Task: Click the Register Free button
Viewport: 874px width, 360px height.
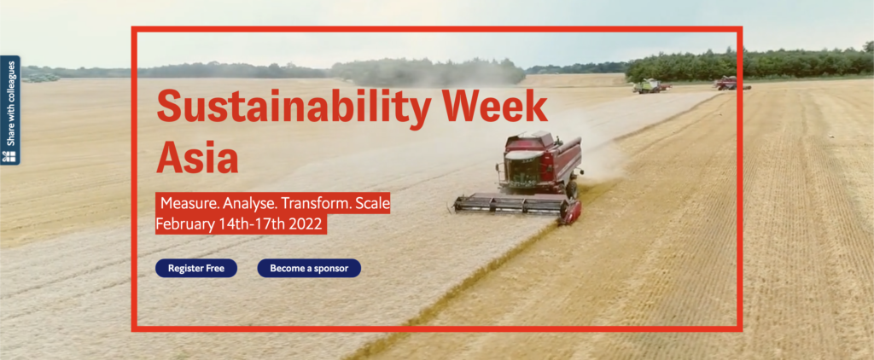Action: [x=196, y=268]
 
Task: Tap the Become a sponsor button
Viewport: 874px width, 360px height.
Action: [x=309, y=268]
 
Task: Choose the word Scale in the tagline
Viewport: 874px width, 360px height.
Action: [x=373, y=203]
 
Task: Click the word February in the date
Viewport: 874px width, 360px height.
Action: [x=185, y=224]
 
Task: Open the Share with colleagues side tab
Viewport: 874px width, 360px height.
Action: [x=10, y=110]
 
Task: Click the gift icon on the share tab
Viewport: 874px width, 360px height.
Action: [x=9, y=156]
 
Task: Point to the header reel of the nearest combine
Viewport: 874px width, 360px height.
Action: [x=512, y=205]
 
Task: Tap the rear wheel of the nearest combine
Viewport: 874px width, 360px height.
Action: [x=572, y=189]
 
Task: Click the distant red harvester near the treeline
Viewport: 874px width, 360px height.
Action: [x=728, y=83]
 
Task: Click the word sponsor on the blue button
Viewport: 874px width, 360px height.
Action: [x=331, y=269]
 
